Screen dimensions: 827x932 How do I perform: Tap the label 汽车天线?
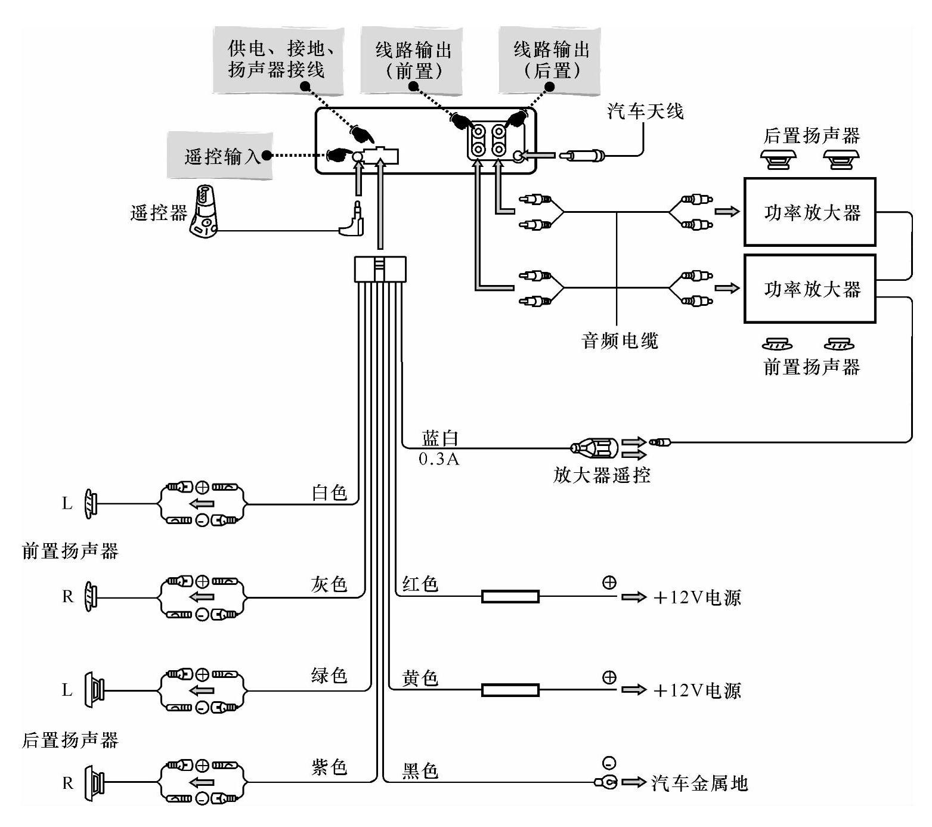645,111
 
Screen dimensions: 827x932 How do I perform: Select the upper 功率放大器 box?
810,212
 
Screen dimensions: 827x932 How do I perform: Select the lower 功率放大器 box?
810,289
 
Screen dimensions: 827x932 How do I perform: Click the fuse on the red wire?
510,596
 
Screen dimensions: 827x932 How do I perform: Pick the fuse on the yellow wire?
510,690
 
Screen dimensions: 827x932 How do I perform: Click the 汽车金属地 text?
699,783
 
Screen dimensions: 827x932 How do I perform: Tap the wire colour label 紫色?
329,767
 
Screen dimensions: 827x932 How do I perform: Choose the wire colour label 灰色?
329,584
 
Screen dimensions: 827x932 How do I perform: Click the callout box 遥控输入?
220,156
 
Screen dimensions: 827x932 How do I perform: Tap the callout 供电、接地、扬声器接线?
278,60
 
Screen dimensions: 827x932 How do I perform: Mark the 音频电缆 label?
620,341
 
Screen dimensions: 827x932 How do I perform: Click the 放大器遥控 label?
602,475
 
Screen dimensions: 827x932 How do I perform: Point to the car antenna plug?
582,156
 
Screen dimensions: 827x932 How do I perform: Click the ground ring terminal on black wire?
606,782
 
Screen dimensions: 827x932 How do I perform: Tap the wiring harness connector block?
380,269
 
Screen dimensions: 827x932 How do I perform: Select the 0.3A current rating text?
439,459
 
